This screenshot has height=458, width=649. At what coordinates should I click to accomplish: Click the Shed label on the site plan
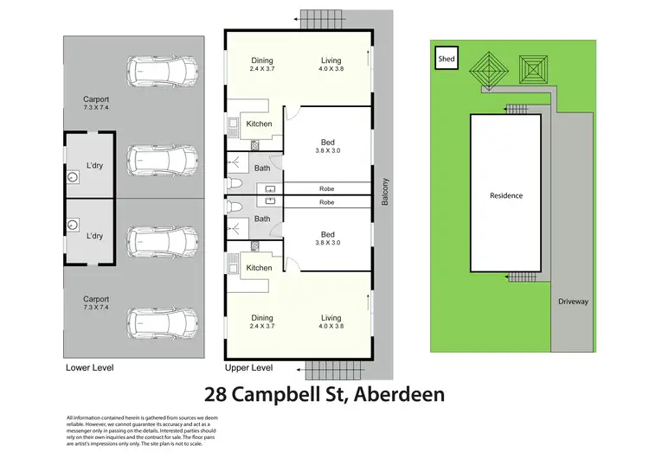447,59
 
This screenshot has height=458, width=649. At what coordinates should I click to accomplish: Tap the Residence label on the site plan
506,195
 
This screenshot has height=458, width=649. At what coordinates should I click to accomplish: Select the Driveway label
572,302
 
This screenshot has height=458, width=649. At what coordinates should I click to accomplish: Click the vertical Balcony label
385,192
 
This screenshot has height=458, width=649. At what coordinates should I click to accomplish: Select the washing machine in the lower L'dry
73,223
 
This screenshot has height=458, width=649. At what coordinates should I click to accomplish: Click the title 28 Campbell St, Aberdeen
324,395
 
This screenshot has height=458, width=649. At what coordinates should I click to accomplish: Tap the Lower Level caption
89,367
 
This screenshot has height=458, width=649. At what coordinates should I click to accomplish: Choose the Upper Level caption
248,367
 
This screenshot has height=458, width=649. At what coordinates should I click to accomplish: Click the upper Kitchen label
259,124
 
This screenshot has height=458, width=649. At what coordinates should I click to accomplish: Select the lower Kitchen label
259,268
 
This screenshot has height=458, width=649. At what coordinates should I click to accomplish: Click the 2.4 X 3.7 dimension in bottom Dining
262,327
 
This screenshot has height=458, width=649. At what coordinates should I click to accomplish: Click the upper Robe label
326,188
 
